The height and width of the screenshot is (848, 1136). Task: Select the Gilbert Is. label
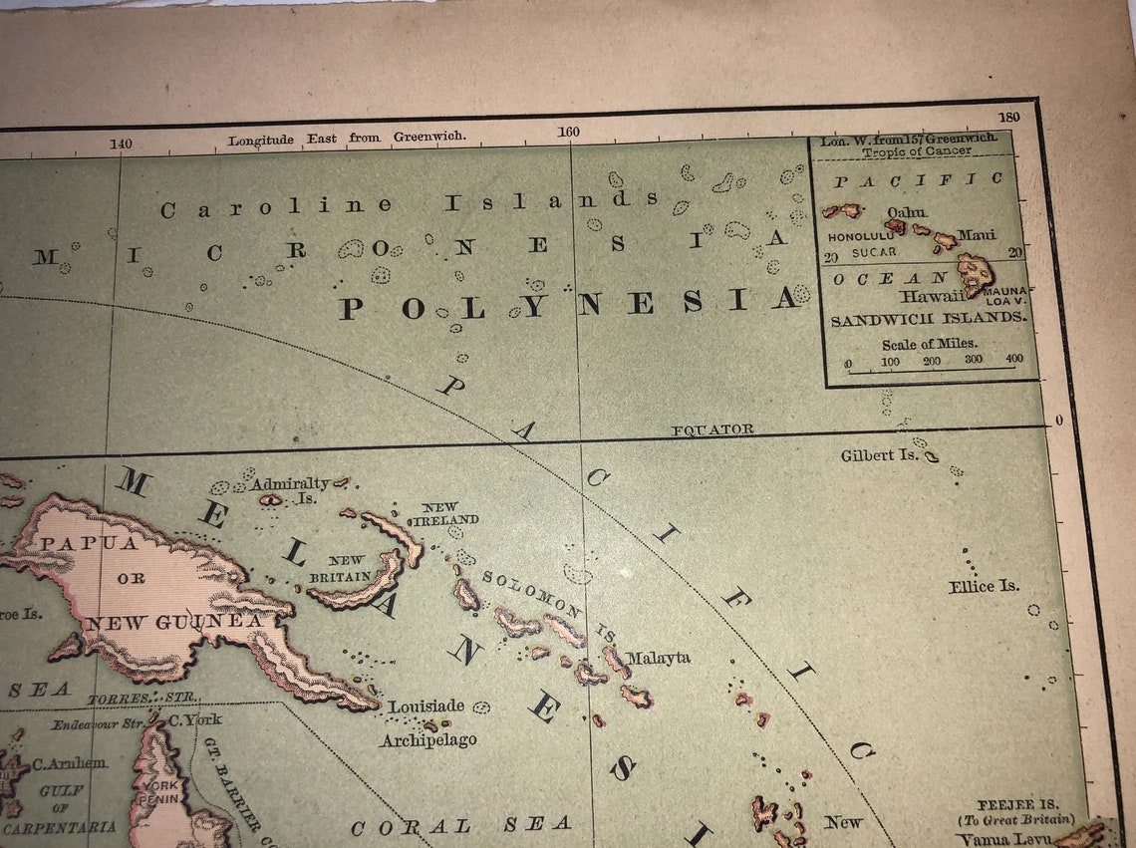pyautogui.click(x=879, y=455)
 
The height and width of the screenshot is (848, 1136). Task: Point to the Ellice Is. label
pyautogui.click(x=984, y=586)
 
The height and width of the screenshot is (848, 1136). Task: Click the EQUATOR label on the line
pyautogui.click(x=711, y=429)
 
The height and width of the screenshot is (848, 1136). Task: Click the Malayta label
pyautogui.click(x=659, y=658)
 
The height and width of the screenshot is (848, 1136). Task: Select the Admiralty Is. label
pyautogui.click(x=290, y=488)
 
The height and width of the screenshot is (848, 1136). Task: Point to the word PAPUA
pyautogui.click(x=90, y=543)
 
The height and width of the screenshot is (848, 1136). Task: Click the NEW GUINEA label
pyautogui.click(x=173, y=623)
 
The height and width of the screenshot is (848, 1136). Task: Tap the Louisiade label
pyautogui.click(x=426, y=707)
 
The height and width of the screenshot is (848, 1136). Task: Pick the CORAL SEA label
pyautogui.click(x=460, y=825)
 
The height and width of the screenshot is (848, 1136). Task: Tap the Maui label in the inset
pyautogui.click(x=976, y=235)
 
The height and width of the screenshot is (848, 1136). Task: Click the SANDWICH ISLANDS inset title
pyautogui.click(x=928, y=319)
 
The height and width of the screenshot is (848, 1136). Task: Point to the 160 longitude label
pyautogui.click(x=568, y=132)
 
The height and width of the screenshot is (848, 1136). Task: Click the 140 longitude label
pyautogui.click(x=121, y=143)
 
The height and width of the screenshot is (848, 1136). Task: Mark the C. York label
pyautogui.click(x=194, y=719)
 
